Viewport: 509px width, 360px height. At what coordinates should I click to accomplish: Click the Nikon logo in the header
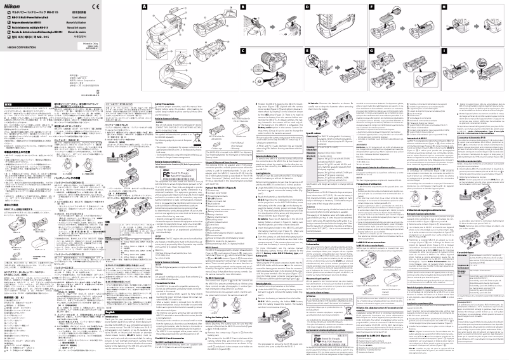pos(12,5)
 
